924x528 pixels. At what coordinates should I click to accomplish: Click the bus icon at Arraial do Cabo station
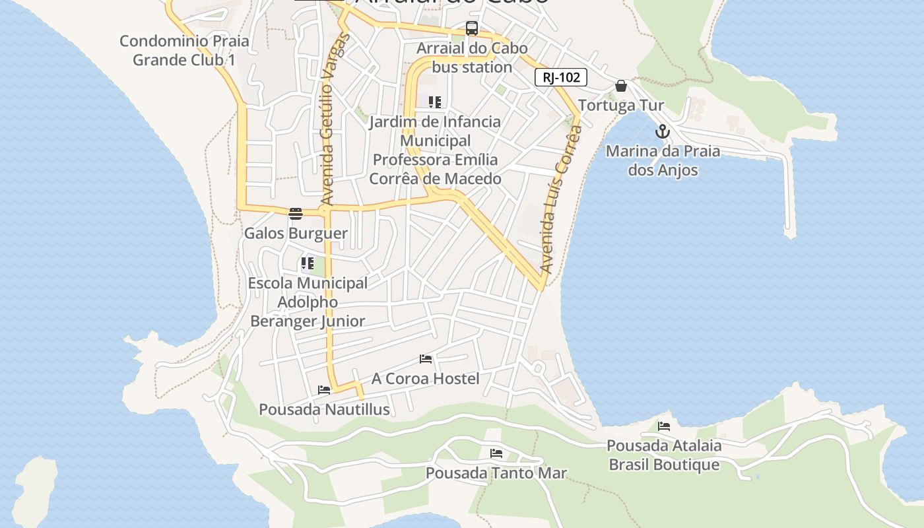click(471, 28)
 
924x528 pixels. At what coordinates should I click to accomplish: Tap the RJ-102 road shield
click(560, 78)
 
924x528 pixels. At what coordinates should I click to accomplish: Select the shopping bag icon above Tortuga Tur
click(620, 86)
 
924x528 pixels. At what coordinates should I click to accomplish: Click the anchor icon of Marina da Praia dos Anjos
click(663, 131)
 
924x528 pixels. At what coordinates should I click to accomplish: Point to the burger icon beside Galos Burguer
click(295, 213)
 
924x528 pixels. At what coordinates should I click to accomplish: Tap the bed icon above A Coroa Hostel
click(426, 359)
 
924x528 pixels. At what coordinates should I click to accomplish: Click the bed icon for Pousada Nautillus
click(323, 390)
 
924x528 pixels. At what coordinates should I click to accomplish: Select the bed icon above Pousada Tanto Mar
click(496, 453)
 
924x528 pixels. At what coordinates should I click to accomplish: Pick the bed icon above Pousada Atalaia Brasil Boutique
click(664, 426)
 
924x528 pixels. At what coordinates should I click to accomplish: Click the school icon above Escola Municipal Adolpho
click(307, 263)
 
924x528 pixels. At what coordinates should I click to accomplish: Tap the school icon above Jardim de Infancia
click(434, 102)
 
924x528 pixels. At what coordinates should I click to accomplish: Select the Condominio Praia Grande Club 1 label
click(184, 51)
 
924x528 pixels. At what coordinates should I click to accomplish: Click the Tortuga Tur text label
click(621, 106)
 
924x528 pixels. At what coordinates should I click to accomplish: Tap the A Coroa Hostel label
click(426, 379)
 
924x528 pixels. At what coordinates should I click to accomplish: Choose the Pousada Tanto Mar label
click(496, 473)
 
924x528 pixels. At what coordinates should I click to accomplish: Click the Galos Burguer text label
click(296, 233)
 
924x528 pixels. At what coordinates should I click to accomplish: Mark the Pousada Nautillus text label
click(324, 410)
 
